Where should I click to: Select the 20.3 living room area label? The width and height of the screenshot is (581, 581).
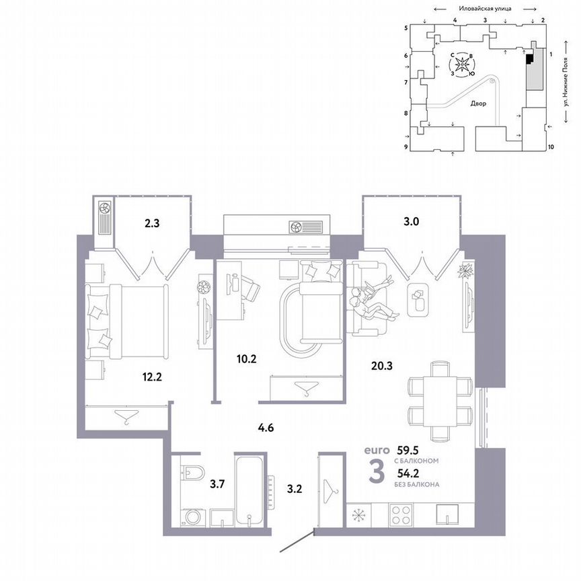click(x=382, y=366)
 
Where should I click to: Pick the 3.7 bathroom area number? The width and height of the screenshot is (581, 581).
click(x=217, y=482)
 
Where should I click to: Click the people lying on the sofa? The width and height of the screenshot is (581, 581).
click(x=372, y=299)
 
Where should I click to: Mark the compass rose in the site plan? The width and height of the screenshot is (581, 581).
click(x=463, y=66)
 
